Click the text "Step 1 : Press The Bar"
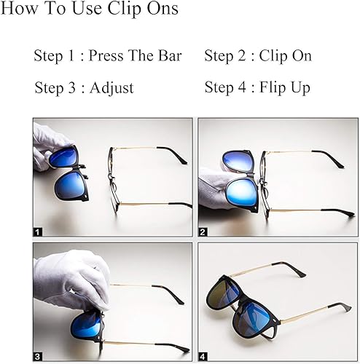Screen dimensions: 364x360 [107, 56]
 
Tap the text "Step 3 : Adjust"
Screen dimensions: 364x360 [84, 88]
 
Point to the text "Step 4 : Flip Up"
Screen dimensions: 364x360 [257, 88]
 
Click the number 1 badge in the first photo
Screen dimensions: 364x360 [38, 231]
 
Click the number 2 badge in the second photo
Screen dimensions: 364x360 [203, 231]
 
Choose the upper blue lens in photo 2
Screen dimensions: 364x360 [237, 160]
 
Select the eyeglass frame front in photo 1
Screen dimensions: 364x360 [112, 182]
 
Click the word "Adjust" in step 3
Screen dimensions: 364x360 [112, 88]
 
